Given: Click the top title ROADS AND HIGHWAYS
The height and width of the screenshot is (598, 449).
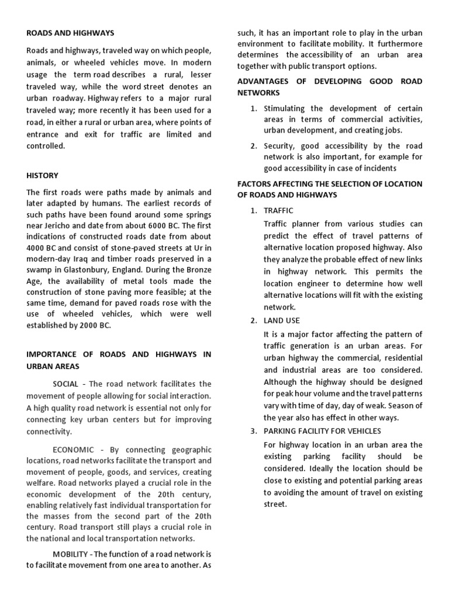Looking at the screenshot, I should [70, 33].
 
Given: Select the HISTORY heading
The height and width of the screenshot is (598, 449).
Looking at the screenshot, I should [43, 175].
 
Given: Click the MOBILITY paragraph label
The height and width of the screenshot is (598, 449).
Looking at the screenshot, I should [72, 554].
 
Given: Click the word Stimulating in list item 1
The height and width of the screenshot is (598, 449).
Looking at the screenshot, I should [286, 109].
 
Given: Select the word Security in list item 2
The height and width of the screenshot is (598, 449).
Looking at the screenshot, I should [280, 145].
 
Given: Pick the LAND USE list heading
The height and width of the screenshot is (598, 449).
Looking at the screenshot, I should [283, 321].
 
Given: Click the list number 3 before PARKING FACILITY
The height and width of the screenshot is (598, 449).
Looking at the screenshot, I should [253, 431].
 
